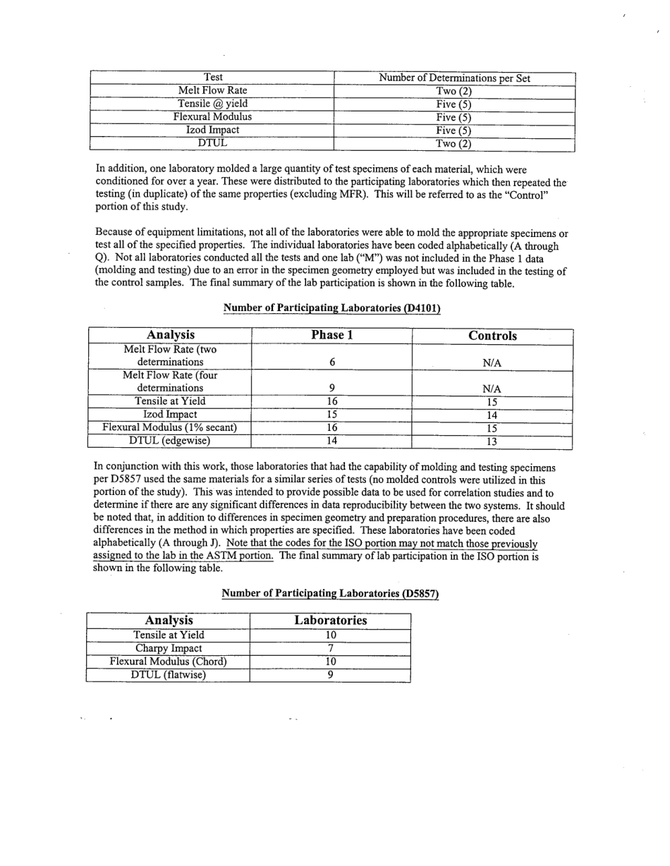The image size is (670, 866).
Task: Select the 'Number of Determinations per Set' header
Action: (x=454, y=78)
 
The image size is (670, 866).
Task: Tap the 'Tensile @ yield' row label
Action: (x=212, y=104)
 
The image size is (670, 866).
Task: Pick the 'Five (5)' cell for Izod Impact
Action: (x=453, y=130)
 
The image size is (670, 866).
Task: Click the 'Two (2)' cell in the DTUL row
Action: (x=453, y=144)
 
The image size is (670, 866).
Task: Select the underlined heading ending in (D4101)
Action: (x=331, y=308)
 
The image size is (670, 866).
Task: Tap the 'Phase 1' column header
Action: (x=331, y=336)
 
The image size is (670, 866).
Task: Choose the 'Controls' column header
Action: (x=492, y=336)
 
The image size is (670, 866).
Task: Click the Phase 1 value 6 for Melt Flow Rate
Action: (x=331, y=362)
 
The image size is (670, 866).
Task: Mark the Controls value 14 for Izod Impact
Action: (x=492, y=415)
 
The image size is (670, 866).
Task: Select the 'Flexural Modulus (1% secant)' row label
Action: (x=170, y=427)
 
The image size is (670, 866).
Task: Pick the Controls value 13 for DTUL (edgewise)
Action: (x=492, y=441)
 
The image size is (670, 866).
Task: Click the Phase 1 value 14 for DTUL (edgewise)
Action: (x=331, y=441)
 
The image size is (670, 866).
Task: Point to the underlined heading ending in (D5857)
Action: (x=330, y=594)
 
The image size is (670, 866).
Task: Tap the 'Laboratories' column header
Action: (x=330, y=621)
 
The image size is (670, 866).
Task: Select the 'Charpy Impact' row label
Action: (x=169, y=648)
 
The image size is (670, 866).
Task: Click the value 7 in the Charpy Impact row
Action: (x=330, y=648)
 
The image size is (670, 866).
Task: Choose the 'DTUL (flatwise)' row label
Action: (x=169, y=675)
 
